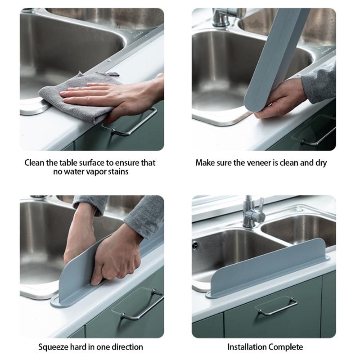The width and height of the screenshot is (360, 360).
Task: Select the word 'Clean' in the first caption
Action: coord(35,162)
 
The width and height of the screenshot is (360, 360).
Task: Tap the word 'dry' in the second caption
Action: coord(320,162)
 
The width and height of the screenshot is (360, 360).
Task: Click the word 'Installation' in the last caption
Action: coord(247,347)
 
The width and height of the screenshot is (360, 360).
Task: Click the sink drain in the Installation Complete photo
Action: coord(195,245)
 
